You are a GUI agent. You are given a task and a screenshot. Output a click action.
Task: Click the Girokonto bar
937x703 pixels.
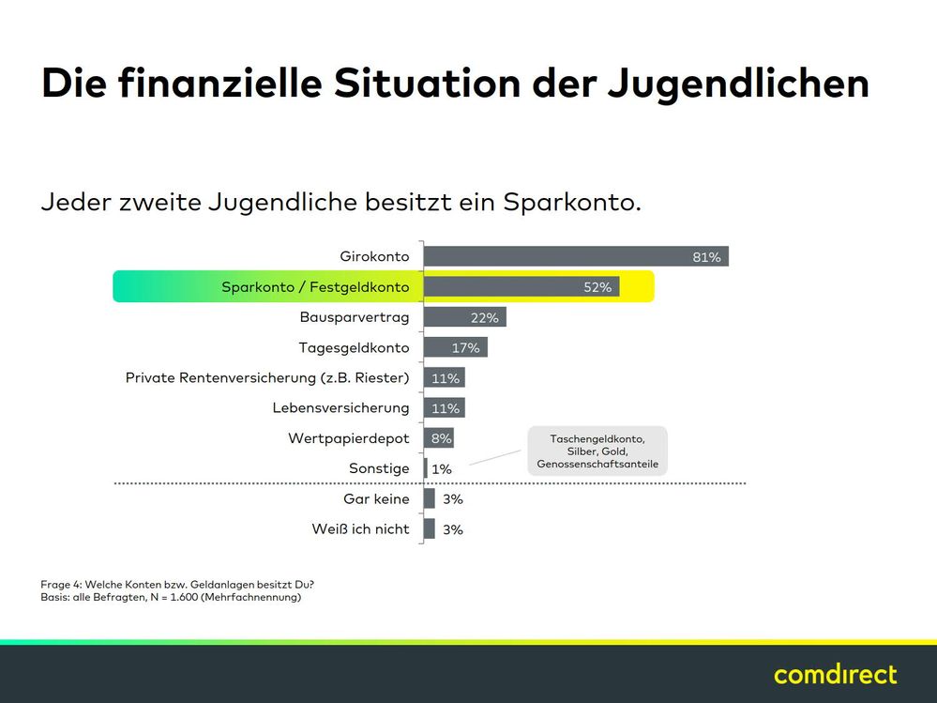click(576, 256)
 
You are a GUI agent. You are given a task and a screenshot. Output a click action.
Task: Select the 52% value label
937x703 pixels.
click(597, 287)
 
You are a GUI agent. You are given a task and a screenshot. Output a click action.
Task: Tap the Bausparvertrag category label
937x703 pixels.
click(355, 317)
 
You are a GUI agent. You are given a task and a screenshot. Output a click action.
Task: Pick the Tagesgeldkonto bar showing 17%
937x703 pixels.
click(456, 347)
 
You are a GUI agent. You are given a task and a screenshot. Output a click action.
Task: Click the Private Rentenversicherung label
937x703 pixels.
click(267, 378)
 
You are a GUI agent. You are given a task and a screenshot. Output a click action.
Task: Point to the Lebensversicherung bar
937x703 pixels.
click(445, 408)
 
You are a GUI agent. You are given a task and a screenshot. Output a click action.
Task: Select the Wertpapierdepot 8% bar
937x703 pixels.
click(439, 438)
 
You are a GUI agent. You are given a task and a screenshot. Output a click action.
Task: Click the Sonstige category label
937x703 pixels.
click(379, 468)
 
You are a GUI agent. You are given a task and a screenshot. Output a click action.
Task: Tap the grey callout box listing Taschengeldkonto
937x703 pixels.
click(597, 451)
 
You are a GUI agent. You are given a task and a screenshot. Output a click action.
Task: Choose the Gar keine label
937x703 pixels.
click(377, 498)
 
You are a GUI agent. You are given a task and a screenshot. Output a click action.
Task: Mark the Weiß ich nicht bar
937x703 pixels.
click(430, 528)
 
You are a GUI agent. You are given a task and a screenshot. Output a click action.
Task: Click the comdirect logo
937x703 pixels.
click(835, 674)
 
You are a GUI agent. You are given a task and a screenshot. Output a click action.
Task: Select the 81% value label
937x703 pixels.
click(706, 257)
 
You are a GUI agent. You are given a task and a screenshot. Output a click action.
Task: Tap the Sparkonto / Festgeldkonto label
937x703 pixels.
click(315, 287)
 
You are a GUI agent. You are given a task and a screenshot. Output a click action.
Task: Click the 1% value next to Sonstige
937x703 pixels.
click(441, 468)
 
